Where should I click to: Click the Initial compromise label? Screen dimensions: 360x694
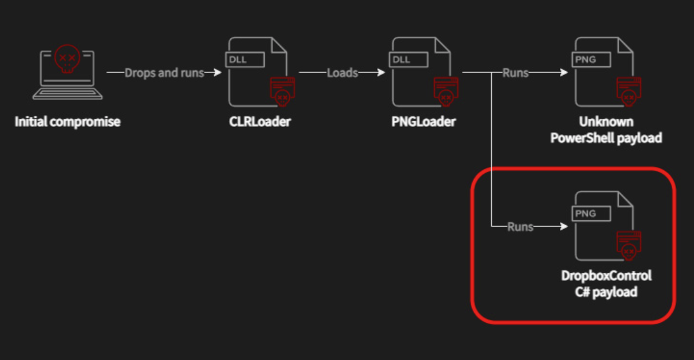(x=67, y=121)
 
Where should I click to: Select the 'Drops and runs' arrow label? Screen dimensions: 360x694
(x=164, y=73)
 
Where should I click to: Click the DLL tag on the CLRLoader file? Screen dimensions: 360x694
(x=245, y=60)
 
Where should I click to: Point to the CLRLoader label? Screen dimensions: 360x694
(x=259, y=121)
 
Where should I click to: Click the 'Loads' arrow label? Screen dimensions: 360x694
(x=342, y=73)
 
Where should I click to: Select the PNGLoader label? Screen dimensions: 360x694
(x=423, y=121)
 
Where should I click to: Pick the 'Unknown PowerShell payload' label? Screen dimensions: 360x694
(x=606, y=130)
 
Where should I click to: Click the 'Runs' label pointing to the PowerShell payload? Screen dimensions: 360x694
(x=515, y=73)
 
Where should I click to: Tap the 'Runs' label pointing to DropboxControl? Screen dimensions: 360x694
(x=520, y=227)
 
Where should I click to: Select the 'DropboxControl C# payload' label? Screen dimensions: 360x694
(x=606, y=284)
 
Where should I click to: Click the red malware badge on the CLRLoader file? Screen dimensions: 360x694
(x=282, y=90)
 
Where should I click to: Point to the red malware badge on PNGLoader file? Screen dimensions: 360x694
(x=446, y=90)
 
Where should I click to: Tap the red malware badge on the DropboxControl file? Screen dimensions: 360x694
(x=629, y=244)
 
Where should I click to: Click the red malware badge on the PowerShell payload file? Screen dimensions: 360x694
(x=629, y=90)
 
